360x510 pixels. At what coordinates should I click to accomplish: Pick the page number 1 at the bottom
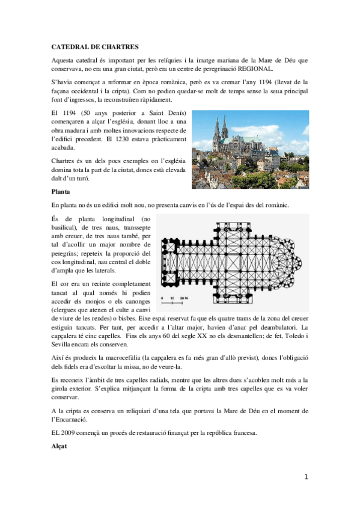click(306, 477)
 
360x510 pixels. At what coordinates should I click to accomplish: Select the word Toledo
click(290, 336)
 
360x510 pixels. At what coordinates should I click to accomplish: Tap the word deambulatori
click(278, 328)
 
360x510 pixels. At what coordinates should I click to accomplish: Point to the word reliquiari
click(133, 411)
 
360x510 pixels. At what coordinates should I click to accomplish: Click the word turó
click(93, 179)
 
